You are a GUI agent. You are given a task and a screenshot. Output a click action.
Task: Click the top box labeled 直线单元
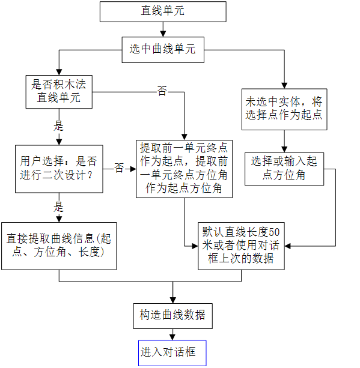pyautogui.click(x=163, y=12)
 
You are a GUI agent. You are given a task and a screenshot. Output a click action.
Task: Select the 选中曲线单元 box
pyautogui.click(x=163, y=50)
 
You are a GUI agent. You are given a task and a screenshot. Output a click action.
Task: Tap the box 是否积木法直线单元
pyautogui.click(x=59, y=92)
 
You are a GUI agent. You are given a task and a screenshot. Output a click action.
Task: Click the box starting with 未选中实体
pyautogui.click(x=284, y=109)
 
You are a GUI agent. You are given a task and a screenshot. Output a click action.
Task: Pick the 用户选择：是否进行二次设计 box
pyautogui.click(x=59, y=169)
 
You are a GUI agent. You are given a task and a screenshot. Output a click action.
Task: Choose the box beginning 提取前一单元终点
pyautogui.click(x=185, y=169)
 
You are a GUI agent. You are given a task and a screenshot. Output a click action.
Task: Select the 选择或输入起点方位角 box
pyautogui.click(x=284, y=169)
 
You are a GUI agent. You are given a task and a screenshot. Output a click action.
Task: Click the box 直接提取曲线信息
pyautogui.click(x=59, y=246)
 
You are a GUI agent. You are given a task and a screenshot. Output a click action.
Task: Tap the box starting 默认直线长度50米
pyautogui.click(x=242, y=246)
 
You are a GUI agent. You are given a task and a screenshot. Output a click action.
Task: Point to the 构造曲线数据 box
pyautogui.click(x=173, y=316)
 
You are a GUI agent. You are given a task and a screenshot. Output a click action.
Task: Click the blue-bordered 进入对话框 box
pyautogui.click(x=172, y=353)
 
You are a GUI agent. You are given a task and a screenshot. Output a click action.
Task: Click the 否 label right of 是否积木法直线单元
pyautogui.click(x=162, y=91)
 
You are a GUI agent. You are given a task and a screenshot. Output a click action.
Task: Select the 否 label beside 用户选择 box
pyautogui.click(x=119, y=168)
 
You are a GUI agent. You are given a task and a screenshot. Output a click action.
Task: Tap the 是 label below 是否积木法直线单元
pyautogui.click(x=59, y=126)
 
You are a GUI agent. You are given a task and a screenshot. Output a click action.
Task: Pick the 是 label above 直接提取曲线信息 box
pyautogui.click(x=59, y=207)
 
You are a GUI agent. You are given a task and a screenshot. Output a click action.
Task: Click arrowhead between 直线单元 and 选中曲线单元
pyautogui.click(x=163, y=34)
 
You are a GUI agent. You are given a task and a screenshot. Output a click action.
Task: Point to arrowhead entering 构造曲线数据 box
pyautogui.click(x=173, y=300)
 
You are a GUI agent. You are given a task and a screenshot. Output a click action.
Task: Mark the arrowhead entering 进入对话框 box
pyautogui.click(x=172, y=337)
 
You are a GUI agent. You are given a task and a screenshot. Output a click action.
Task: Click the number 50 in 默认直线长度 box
pyautogui.click(x=274, y=232)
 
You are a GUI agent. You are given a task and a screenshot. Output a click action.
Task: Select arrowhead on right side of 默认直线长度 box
pyautogui.click(x=288, y=246)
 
